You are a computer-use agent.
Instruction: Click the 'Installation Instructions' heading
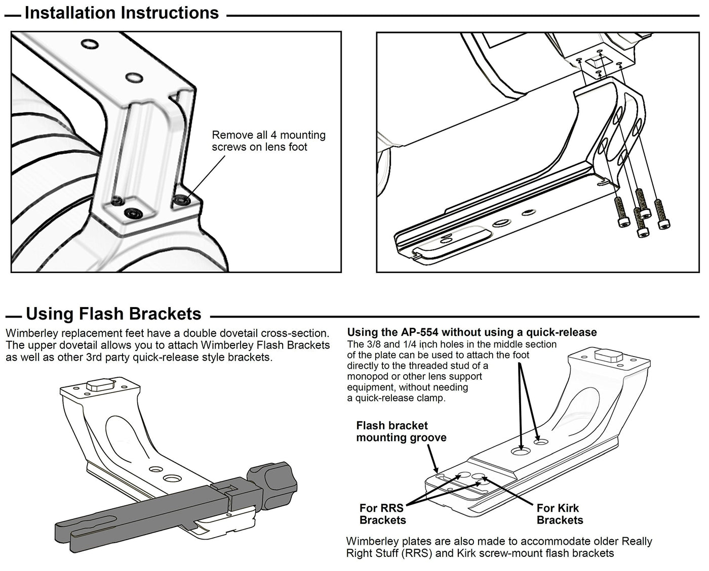click(122, 13)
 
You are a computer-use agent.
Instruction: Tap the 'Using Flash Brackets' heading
click(113, 314)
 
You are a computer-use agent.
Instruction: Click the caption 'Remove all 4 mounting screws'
click(268, 141)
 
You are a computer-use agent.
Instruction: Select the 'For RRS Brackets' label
click(383, 514)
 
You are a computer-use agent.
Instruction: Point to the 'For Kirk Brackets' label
click(560, 514)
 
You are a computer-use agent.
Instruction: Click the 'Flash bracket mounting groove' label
click(401, 431)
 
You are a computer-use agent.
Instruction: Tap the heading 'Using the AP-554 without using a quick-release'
click(471, 332)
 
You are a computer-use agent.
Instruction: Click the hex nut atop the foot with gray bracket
click(99, 385)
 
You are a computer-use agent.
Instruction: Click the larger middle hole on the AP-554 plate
click(520, 450)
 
